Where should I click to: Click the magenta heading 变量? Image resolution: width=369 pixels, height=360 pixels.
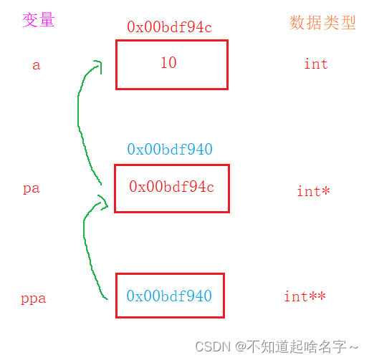(x=38, y=20)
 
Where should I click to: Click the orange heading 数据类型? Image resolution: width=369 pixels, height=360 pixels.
(x=322, y=23)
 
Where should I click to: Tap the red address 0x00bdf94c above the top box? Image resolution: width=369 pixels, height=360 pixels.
(x=169, y=26)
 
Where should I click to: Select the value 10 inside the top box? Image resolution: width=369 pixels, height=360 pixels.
(x=168, y=62)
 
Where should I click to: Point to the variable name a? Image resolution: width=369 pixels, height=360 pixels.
(x=37, y=65)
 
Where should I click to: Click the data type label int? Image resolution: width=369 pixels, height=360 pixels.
(x=316, y=64)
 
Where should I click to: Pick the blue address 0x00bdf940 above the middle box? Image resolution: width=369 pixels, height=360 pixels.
(x=170, y=149)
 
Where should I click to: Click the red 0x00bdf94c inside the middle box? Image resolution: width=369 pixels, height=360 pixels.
(x=171, y=186)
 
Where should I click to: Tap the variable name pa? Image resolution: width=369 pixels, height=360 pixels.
(x=31, y=189)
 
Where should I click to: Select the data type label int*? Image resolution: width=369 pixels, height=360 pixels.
(x=313, y=191)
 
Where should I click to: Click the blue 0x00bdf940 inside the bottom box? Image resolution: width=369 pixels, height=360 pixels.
(x=169, y=296)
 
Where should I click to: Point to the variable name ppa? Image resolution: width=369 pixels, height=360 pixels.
(x=34, y=298)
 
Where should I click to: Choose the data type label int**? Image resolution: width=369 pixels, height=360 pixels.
(x=305, y=296)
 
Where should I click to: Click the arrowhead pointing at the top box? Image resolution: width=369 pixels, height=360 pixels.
(x=98, y=66)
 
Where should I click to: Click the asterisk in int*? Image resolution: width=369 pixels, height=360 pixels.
(x=325, y=190)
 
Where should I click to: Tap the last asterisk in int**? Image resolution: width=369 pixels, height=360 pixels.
(x=322, y=296)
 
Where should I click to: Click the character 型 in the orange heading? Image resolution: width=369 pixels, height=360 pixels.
(x=348, y=23)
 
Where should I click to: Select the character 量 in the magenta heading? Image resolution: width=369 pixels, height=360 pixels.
(x=47, y=20)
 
